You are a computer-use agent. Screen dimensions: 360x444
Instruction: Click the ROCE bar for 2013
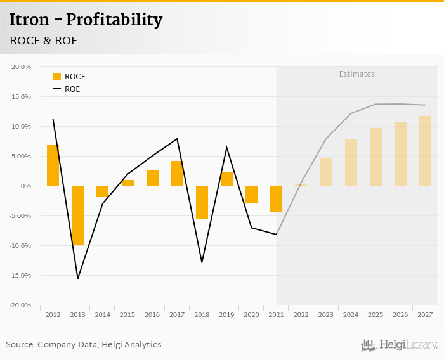77,215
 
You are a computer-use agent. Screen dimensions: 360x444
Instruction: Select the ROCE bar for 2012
53,165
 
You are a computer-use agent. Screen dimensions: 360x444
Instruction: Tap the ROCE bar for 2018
202,202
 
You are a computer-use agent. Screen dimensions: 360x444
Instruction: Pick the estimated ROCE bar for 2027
425,151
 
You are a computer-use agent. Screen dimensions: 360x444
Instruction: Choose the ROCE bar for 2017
177,173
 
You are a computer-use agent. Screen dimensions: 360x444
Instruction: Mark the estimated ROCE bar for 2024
351,162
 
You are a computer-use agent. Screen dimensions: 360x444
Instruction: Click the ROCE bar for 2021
276,198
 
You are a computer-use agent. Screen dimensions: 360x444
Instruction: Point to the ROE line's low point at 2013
78,278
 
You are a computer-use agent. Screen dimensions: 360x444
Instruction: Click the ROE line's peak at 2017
177,139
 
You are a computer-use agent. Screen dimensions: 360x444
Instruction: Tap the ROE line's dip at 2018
202,262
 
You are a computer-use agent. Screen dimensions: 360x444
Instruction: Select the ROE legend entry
66,89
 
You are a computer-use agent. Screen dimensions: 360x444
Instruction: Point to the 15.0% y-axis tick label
21,96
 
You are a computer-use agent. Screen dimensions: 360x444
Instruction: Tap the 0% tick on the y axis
25,186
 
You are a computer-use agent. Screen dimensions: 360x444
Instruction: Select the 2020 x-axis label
251,314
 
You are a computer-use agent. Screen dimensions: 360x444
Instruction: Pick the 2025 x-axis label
375,314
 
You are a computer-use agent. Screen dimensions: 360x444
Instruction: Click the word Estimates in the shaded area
356,74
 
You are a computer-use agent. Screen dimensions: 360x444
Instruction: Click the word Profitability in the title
114,20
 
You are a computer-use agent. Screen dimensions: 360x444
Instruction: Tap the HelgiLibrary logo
399,345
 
